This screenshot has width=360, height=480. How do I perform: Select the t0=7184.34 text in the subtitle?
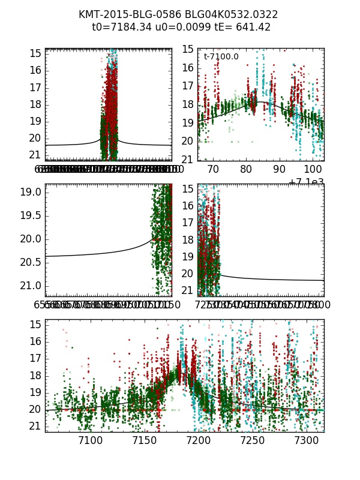(119, 27)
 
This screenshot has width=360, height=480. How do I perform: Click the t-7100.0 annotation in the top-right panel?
(221, 57)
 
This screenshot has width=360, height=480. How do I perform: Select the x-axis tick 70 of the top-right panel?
(213, 170)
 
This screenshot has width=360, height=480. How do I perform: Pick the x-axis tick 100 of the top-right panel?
(313, 170)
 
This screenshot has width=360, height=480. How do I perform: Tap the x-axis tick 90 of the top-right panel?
(280, 170)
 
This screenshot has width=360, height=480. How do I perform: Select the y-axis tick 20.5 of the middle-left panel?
(31, 262)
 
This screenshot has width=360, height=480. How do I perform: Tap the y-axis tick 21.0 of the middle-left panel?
(31, 285)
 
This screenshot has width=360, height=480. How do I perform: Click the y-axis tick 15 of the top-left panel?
(35, 53)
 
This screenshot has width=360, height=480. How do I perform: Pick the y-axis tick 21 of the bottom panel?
(35, 427)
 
